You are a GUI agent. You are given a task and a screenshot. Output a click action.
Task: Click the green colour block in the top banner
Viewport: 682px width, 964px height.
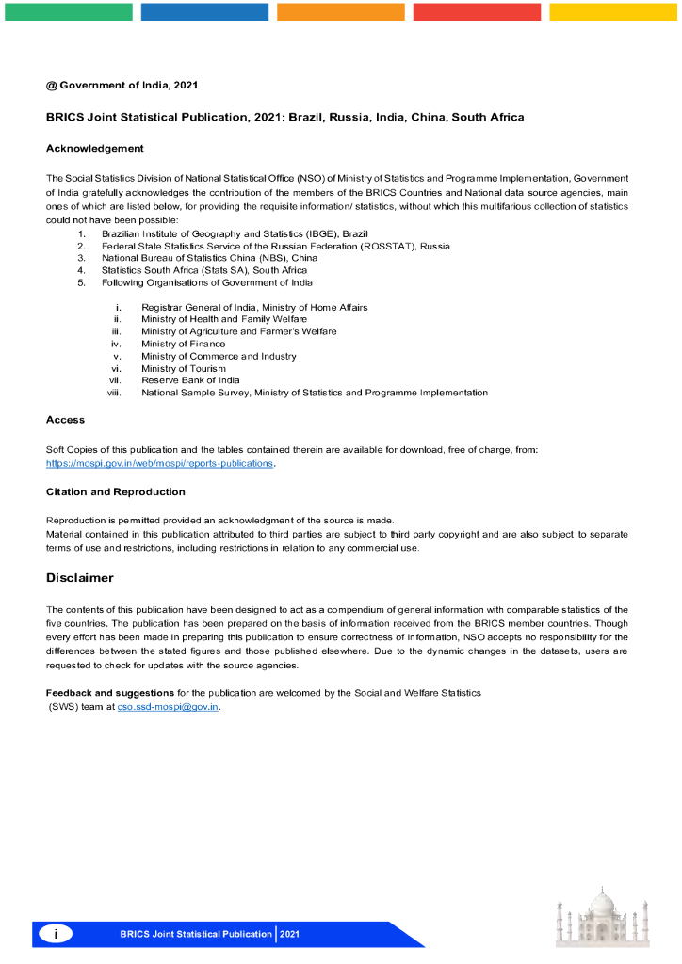coord(69,11)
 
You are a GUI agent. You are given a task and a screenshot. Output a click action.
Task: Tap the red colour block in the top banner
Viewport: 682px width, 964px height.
coord(477,11)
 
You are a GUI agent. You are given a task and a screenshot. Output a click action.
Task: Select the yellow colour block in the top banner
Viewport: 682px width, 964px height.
coord(613,11)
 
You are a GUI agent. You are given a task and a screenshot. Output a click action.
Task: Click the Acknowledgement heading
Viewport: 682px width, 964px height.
coord(95,148)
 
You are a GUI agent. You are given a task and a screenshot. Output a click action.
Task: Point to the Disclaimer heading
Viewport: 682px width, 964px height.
coord(80,577)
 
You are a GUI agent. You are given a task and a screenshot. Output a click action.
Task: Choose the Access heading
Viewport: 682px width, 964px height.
coord(65,419)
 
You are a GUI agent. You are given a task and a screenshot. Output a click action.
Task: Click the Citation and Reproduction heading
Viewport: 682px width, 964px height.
coord(116,491)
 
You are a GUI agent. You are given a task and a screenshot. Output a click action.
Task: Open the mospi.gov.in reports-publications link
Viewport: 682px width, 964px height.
coord(160,463)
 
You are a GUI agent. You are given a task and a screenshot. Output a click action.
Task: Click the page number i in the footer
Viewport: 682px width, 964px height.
coord(56,934)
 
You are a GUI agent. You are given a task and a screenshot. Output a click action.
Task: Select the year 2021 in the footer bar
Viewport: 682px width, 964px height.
coord(289,934)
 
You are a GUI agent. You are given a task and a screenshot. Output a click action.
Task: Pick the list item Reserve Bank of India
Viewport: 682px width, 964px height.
coord(190,380)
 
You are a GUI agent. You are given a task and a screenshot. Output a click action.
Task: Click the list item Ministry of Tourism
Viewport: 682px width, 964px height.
coord(184,368)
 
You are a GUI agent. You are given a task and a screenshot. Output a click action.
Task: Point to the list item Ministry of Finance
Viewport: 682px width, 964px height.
coord(184,344)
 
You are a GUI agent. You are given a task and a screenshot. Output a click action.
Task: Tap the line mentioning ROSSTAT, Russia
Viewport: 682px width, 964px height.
coord(275,246)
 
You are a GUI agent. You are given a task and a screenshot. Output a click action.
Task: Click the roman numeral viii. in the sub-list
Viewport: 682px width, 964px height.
coord(115,393)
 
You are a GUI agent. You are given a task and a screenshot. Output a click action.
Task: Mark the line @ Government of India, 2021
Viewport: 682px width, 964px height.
coord(122,85)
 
